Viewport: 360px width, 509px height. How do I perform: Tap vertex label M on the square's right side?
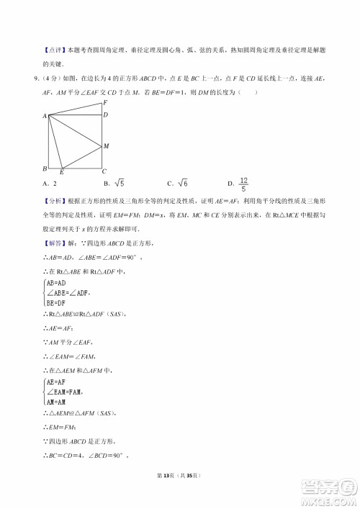coord(106,146)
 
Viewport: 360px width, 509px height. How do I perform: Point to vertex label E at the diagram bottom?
coord(61,173)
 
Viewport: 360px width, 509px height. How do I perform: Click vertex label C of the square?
coord(104,171)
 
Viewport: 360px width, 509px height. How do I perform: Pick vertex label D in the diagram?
coord(105,114)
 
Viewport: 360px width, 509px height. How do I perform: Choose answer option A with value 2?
coord(50,183)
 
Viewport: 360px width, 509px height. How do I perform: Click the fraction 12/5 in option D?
coord(243,183)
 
